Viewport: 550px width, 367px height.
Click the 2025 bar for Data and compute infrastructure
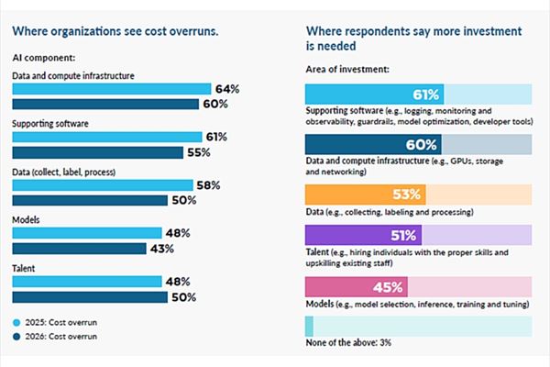point(110,90)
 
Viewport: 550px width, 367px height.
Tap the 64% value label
point(226,90)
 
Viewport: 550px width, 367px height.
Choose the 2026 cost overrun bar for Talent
point(90,296)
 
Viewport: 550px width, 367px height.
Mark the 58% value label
point(209,184)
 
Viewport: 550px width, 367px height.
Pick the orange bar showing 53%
point(366,195)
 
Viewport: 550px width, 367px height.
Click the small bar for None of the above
point(309,326)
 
